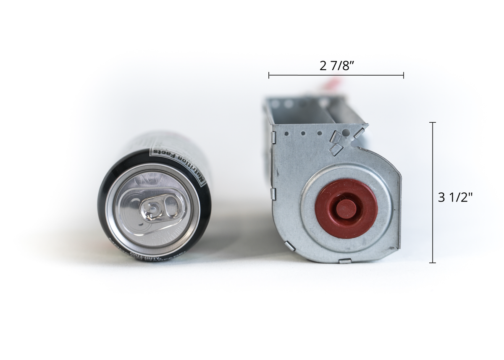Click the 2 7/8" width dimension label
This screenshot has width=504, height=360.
pyautogui.click(x=336, y=66)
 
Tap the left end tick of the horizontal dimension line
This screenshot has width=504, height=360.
pyautogui.click(x=269, y=75)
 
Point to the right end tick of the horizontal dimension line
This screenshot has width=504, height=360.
pyautogui.click(x=404, y=75)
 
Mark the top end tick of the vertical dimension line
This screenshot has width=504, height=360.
pyautogui.click(x=433, y=122)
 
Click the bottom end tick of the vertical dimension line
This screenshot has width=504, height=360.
pyautogui.click(x=433, y=263)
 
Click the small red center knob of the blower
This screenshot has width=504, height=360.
pyautogui.click(x=346, y=209)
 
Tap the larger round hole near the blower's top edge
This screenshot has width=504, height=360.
pyautogui.click(x=346, y=133)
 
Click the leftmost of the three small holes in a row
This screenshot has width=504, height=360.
pyautogui.click(x=286, y=134)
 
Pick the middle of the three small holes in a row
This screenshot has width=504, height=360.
pyautogui.click(x=302, y=134)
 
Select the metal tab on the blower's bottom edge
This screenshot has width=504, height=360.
pyautogui.click(x=345, y=261)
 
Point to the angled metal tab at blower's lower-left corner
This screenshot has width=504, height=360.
pyautogui.click(x=289, y=246)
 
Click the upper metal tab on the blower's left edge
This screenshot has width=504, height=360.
pyautogui.click(x=273, y=137)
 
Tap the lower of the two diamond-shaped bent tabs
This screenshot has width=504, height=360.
pyautogui.click(x=335, y=149)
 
